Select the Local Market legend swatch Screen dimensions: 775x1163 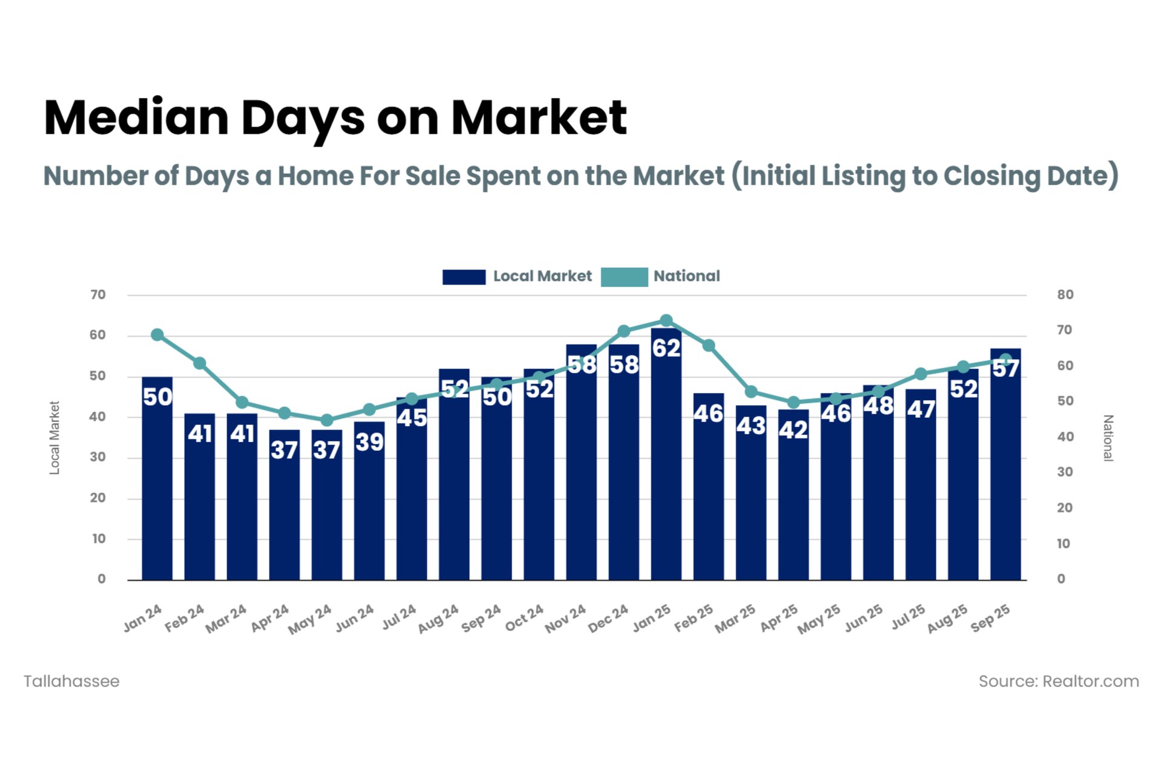point(463,277)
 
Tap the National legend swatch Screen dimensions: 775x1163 point(624,277)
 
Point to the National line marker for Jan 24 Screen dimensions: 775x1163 point(157,335)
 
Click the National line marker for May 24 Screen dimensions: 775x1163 point(326,420)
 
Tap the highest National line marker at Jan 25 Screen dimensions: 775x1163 point(666,320)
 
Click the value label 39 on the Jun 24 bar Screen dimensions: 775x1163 point(369,442)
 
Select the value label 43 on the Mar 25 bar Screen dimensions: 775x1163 point(750,426)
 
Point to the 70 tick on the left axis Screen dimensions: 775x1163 point(98,295)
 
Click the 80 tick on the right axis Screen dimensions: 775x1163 point(1065,295)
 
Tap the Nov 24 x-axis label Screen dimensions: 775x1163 point(565,619)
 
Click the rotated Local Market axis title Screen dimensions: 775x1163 point(55,438)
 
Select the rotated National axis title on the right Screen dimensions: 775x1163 point(1108,438)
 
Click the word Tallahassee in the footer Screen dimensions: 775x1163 point(71,681)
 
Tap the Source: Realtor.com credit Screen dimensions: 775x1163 point(1058,681)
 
